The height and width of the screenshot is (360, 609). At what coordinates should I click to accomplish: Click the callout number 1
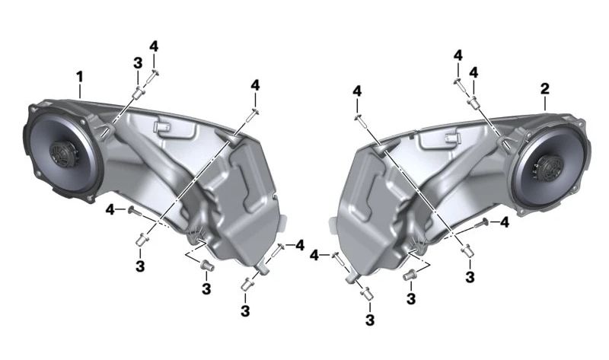80,77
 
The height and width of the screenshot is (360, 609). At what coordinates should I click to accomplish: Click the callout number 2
545,89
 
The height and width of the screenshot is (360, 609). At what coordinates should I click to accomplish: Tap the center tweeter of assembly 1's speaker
64,154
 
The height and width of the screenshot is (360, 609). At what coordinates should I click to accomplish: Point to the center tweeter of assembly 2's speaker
548,168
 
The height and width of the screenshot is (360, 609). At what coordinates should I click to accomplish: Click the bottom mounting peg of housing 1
262,269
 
